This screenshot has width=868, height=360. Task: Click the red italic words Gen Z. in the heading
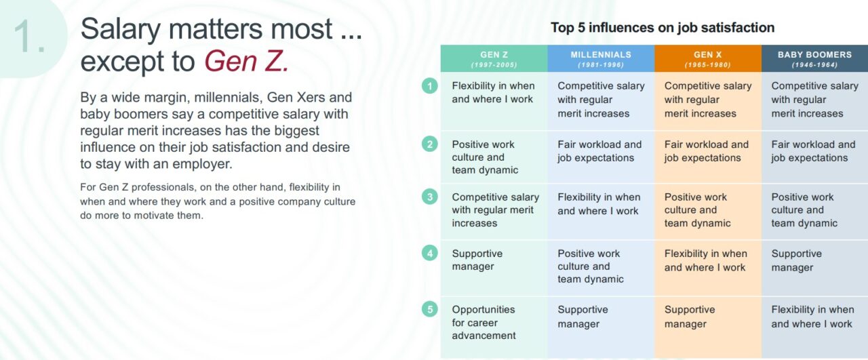[x=247, y=62]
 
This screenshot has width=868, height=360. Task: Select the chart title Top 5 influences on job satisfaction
[x=662, y=28]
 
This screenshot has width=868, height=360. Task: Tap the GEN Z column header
[x=494, y=59]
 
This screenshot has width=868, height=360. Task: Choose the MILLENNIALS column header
[x=601, y=59]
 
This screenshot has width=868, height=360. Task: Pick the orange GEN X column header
[x=707, y=59]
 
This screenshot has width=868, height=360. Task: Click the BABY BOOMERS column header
[x=814, y=59]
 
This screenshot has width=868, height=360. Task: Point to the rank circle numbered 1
[x=429, y=86]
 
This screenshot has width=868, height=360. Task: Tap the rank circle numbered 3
[x=429, y=197]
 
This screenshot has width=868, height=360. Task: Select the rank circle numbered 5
[x=429, y=310]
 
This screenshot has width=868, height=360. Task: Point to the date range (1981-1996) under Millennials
[x=601, y=65]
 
